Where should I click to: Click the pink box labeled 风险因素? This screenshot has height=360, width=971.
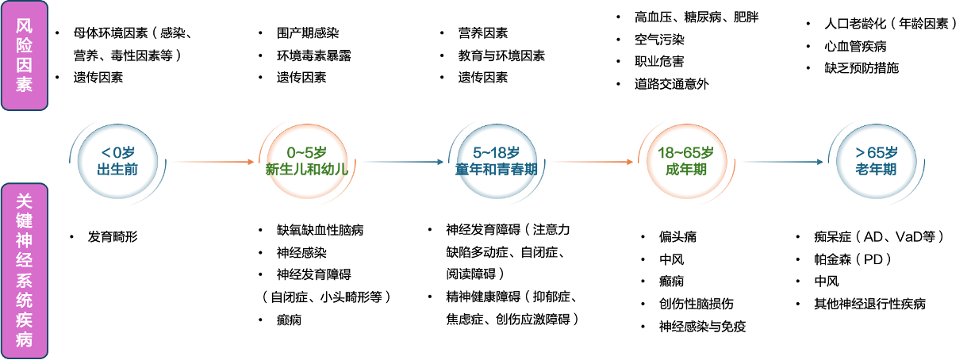point(25,55)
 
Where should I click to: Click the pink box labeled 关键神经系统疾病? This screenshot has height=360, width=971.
point(25,270)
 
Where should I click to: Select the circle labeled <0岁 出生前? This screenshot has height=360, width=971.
point(118,161)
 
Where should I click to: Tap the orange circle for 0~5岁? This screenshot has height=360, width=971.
point(306,161)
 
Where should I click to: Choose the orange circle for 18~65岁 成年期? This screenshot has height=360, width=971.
point(685,161)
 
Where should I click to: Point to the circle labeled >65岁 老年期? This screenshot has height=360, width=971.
point(876,161)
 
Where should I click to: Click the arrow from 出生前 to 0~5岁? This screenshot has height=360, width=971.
point(213,162)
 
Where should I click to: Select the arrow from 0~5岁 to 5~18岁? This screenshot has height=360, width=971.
point(401,162)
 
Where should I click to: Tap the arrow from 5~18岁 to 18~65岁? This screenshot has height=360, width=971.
point(591,162)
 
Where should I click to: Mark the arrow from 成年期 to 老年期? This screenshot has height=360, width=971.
point(781,162)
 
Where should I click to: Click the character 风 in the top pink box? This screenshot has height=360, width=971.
point(25,25)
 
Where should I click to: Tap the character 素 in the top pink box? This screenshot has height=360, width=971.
point(25,85)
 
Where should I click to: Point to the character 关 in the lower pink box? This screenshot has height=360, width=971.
point(25,201)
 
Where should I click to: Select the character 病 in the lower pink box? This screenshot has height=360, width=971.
point(25,340)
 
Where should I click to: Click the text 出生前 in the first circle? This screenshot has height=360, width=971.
point(118,169)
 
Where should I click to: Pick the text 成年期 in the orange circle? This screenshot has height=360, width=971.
point(685,169)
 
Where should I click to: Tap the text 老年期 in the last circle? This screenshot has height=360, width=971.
point(876,169)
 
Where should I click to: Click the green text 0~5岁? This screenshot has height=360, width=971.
point(306,152)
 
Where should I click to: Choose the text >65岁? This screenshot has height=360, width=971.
point(876,152)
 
